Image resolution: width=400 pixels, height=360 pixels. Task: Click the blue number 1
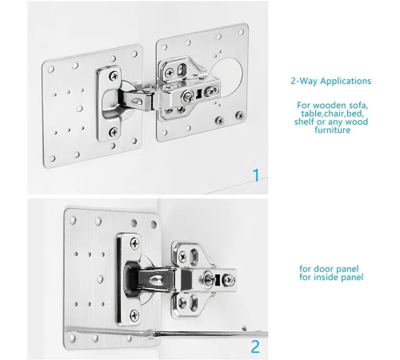(x=256, y=175)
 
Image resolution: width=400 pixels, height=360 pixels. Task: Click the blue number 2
(x=255, y=346)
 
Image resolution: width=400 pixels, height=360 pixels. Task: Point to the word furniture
(x=332, y=130)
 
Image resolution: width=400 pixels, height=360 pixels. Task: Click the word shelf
(x=304, y=122)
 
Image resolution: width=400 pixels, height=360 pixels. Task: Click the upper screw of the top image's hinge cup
(x=114, y=76)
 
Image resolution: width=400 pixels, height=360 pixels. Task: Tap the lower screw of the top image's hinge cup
(x=114, y=132)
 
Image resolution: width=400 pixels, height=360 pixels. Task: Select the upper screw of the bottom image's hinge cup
(x=134, y=243)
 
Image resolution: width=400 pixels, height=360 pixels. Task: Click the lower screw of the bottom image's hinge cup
(x=134, y=315)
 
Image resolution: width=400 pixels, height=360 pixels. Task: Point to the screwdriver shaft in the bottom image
(x=210, y=334)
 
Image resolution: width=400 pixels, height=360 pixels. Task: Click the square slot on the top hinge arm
(x=198, y=94)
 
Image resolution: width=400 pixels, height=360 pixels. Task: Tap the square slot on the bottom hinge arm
(x=218, y=279)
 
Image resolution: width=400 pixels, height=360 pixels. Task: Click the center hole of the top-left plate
(x=79, y=109)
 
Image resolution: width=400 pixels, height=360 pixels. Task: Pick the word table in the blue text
(x=311, y=114)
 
